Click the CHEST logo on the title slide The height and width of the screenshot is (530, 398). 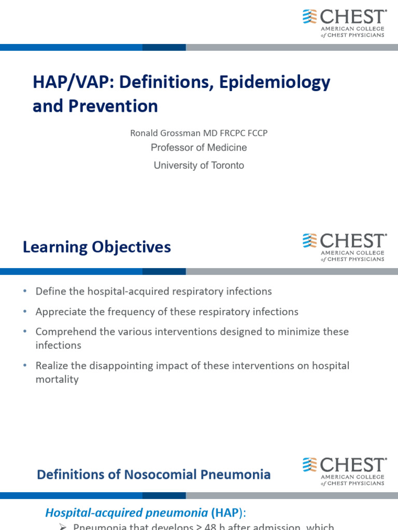click(344, 23)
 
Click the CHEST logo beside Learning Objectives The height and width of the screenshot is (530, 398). click(344, 247)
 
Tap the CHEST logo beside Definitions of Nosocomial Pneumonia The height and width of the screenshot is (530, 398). click(344, 472)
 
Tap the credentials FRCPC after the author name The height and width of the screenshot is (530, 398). click(231, 133)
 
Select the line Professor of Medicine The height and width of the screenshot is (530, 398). click(198, 148)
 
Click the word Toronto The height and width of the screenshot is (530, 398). click(224, 166)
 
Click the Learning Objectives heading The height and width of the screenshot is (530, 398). click(96, 247)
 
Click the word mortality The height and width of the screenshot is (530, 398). click(57, 379)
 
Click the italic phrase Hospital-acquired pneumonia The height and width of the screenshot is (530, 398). click(126, 512)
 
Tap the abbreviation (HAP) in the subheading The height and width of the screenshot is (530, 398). click(226, 512)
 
